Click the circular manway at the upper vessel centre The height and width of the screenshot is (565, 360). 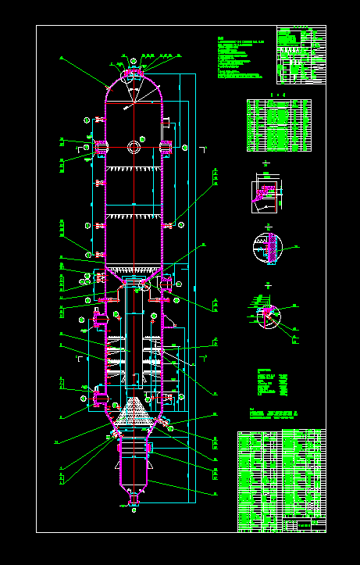pos(134,147)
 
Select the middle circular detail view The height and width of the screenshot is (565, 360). pos(267,249)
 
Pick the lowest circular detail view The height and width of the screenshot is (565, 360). pos(267,315)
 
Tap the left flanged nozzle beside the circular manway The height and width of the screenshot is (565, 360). pos(102,147)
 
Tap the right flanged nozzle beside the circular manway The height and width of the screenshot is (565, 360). pos(166,147)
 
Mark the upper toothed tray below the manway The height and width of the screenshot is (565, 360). pos(134,169)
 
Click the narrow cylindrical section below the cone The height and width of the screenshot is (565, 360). pos(134,465)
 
